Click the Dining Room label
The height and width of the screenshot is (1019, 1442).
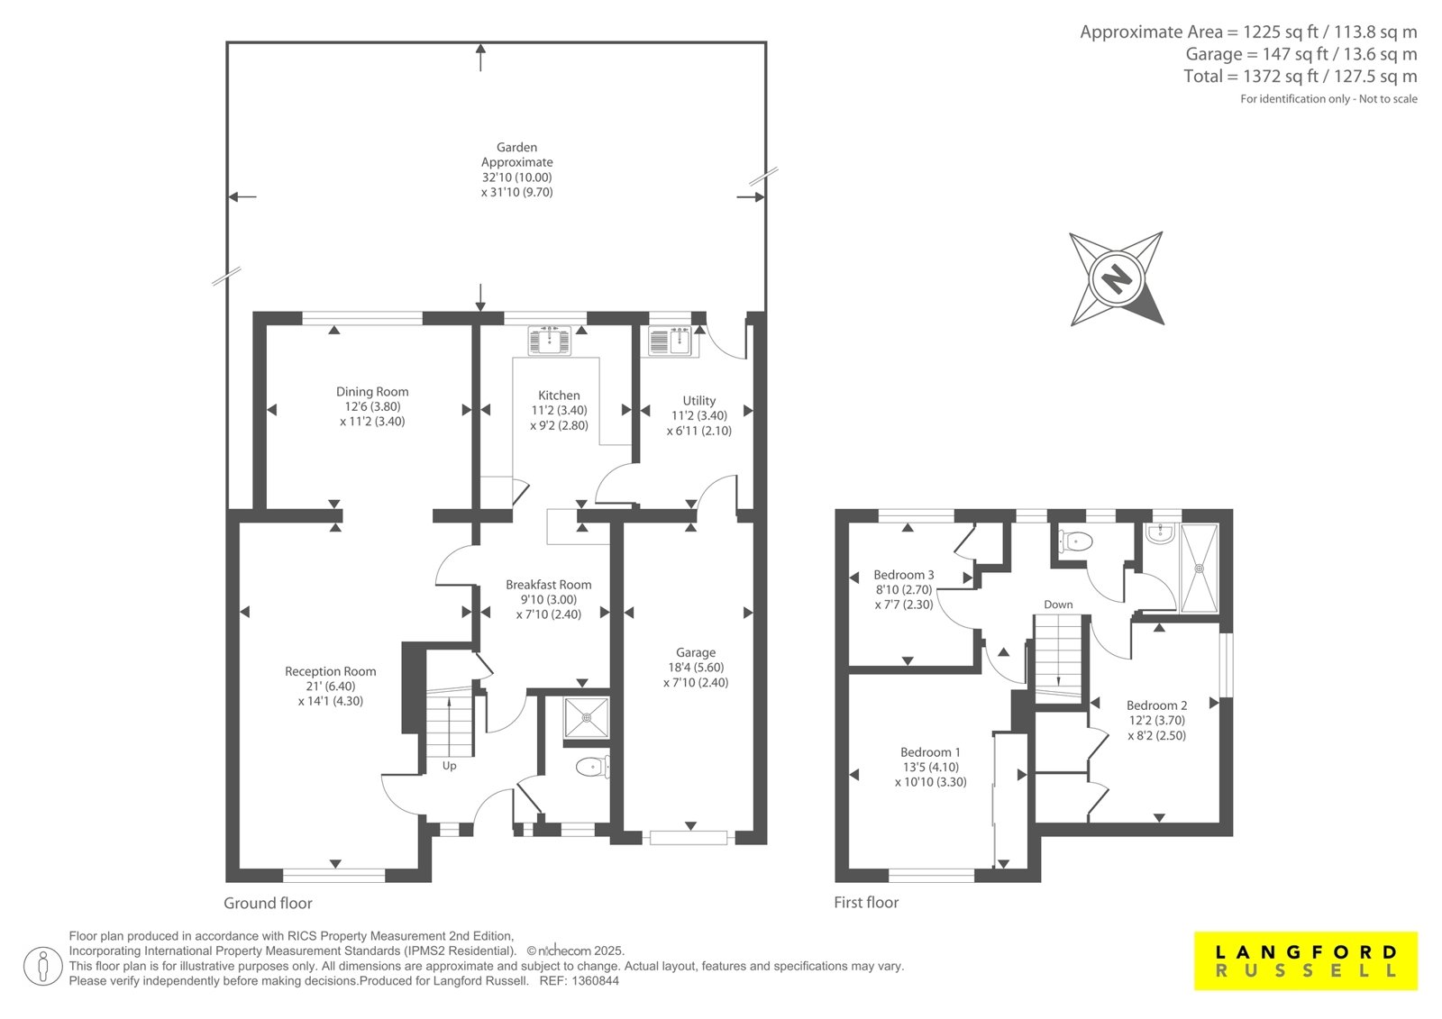372,391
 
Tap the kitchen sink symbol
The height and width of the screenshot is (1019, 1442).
549,341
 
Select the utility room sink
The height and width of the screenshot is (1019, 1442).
670,341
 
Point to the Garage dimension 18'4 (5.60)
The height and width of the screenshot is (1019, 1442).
695,668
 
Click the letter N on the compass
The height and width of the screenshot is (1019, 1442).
1117,279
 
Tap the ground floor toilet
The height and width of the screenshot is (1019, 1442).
592,767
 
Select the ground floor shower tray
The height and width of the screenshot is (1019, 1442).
586,718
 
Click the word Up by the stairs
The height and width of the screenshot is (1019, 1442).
450,766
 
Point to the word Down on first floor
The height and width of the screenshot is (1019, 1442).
1058,605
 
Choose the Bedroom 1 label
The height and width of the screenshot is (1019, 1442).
930,751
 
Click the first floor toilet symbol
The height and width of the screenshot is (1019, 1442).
1075,541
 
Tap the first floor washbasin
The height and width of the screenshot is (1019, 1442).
1162,533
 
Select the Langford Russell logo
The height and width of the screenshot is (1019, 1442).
1306,961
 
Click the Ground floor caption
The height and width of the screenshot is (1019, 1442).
268,903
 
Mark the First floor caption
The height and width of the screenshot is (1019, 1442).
866,903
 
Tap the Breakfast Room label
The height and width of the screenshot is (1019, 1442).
549,585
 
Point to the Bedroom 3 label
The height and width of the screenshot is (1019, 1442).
904,575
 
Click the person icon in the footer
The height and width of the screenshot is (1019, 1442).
42,966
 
